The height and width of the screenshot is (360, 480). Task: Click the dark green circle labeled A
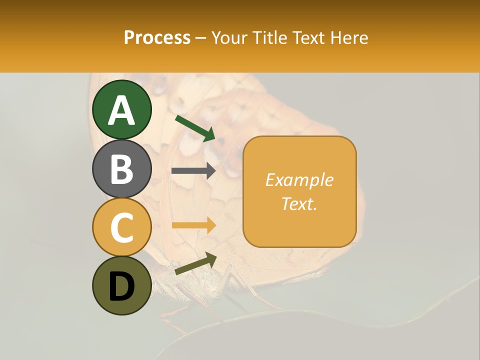click(x=122, y=109)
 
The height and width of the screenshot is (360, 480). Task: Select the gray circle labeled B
click(x=122, y=168)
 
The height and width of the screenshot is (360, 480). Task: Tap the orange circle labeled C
click(x=122, y=227)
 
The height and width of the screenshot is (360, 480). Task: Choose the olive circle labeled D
click(x=122, y=285)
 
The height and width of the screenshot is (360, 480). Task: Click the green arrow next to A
click(x=195, y=128)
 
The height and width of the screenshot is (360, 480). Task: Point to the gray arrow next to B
click(x=193, y=171)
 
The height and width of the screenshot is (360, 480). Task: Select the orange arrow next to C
click(x=193, y=225)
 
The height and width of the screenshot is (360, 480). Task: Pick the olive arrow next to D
click(x=195, y=263)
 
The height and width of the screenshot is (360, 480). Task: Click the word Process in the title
click(x=157, y=38)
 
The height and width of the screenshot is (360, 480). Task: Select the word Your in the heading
click(x=229, y=38)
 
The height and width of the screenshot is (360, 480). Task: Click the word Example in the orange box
click(x=299, y=180)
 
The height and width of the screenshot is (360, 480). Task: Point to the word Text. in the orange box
click(x=299, y=203)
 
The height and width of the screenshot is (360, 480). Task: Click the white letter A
click(x=122, y=110)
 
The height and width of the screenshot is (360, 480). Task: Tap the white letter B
click(x=122, y=169)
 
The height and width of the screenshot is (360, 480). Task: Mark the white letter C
click(x=122, y=227)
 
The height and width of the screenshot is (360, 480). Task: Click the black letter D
click(x=122, y=286)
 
